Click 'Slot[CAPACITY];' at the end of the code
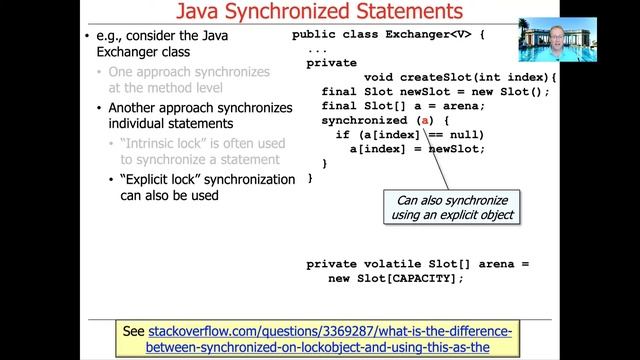coord(412,278)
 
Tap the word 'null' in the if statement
coord(465,134)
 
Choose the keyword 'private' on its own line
coord(332,62)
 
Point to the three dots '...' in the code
coord(317,49)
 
